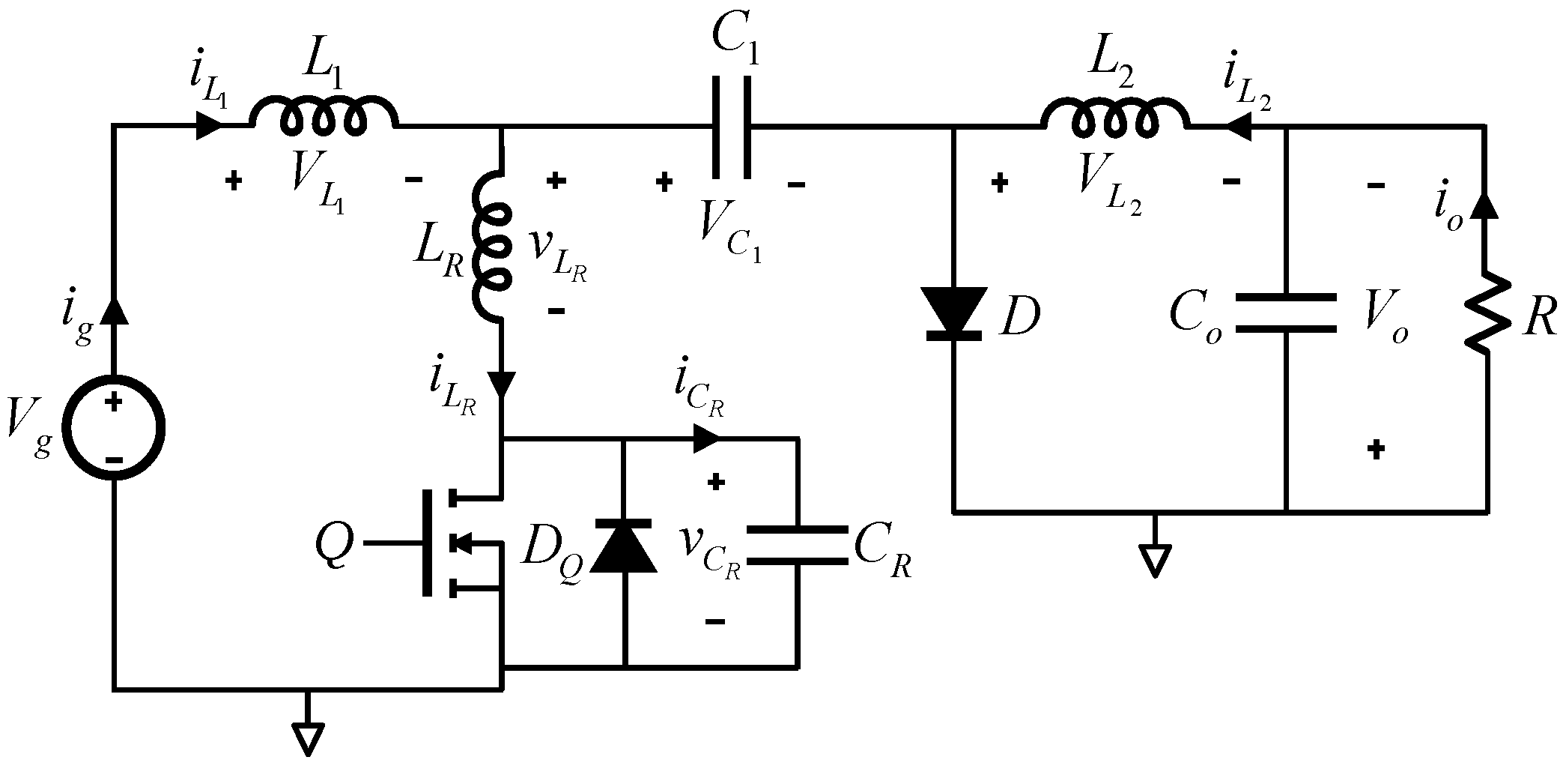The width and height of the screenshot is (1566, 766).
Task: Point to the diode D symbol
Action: point(953,313)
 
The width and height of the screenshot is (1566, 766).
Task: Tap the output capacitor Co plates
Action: point(1285,313)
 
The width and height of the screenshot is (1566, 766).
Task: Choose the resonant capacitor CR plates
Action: point(797,546)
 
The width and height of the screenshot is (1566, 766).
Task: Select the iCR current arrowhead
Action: point(706,438)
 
